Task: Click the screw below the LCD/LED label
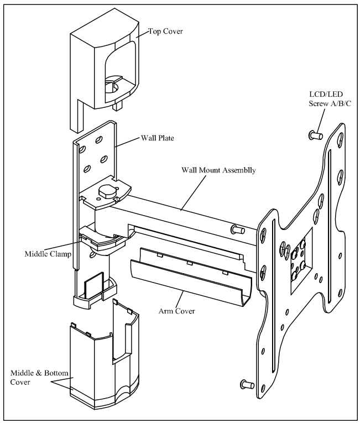[315, 134]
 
